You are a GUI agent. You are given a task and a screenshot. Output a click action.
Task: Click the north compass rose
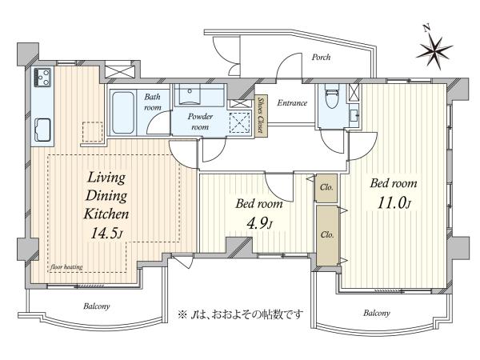point(434,51)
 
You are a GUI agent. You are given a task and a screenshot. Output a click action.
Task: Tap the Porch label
point(321,57)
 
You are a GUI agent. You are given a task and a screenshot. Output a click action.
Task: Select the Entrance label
point(292,103)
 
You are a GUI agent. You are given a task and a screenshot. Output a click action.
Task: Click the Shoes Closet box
point(261,115)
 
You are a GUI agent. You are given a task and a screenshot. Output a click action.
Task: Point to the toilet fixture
point(332,95)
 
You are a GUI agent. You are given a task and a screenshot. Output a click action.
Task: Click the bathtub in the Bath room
point(122,112)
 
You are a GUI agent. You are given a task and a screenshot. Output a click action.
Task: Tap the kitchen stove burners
point(43,77)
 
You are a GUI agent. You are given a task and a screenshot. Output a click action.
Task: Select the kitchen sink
point(42,130)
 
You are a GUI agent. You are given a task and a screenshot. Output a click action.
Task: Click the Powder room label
point(200,122)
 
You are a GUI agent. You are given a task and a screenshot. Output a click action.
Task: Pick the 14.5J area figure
point(106,234)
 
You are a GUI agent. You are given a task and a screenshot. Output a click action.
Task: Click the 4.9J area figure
point(259,224)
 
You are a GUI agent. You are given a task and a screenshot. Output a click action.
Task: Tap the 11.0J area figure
point(394,202)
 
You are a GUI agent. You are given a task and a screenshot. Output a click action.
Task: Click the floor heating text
point(66,267)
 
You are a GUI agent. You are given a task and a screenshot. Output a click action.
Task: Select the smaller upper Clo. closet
point(326,188)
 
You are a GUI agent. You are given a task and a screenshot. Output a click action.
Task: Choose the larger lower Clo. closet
point(327,235)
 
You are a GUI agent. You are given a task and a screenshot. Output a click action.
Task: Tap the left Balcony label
point(97,306)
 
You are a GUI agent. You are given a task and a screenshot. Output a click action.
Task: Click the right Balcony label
point(377,313)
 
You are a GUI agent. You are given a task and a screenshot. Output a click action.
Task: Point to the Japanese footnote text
point(241,314)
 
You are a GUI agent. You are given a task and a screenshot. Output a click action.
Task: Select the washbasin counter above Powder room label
point(200,95)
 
